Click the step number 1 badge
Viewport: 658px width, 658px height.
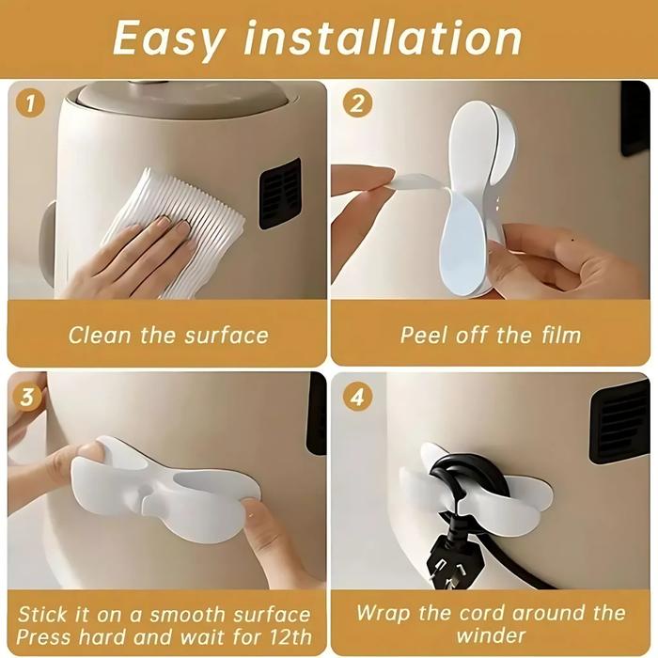pyautogui.click(x=31, y=103)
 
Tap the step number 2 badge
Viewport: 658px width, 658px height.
pyautogui.click(x=355, y=103)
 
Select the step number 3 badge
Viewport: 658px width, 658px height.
pyautogui.click(x=31, y=397)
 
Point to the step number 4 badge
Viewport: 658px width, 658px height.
pyautogui.click(x=355, y=397)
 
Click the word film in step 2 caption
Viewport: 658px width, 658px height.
pyautogui.click(x=556, y=336)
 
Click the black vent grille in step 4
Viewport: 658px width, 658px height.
pyautogui.click(x=619, y=420)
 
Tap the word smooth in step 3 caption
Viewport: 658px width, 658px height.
pyautogui.click(x=169, y=614)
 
